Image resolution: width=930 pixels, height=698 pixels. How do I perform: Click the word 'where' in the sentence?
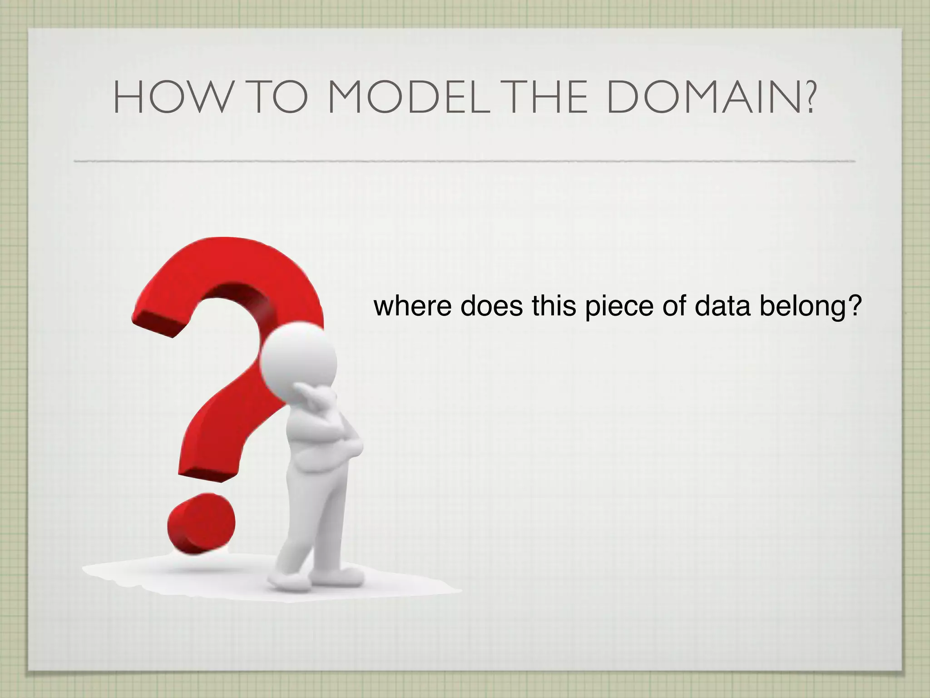(x=412, y=306)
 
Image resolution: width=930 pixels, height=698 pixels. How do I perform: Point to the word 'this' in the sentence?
(x=554, y=306)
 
